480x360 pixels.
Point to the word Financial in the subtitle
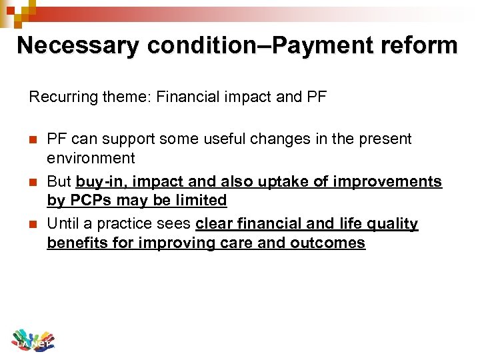181,97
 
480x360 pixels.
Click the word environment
91,159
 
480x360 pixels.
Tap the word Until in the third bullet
62,224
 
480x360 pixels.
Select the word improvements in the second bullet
397,182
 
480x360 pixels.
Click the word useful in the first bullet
193,139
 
